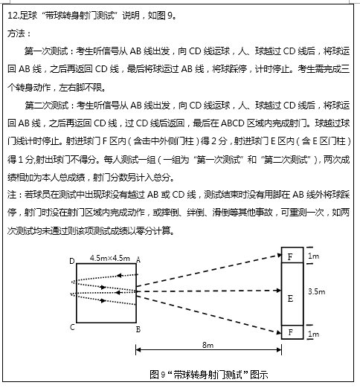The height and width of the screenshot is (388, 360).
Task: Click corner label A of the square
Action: (140, 260)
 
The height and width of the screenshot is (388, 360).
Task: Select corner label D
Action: (71, 260)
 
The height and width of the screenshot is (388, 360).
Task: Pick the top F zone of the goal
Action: (290, 257)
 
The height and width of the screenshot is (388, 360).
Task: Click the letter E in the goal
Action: (290, 298)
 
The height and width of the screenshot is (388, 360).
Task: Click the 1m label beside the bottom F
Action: (315, 334)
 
